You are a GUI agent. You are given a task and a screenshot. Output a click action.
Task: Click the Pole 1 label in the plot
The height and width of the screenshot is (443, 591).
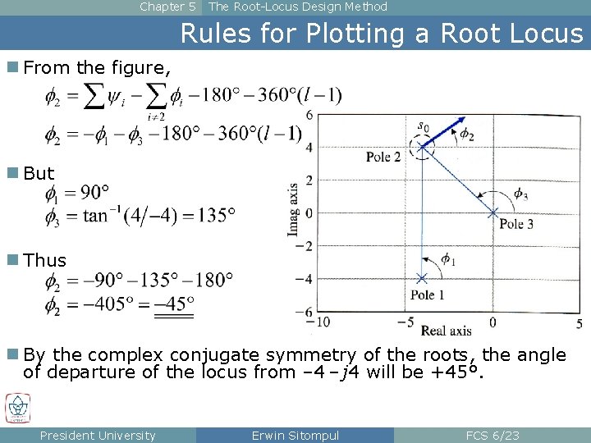pyautogui.click(x=428, y=295)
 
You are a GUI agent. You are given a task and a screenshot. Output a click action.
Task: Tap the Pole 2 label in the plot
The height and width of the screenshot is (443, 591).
pyautogui.click(x=383, y=157)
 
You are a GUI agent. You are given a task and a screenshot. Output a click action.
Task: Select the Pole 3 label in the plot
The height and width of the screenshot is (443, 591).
pyautogui.click(x=516, y=224)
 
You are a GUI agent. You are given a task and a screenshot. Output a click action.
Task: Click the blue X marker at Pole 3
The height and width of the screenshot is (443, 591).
pyautogui.click(x=492, y=212)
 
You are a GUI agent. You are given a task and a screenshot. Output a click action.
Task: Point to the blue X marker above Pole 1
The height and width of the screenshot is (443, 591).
pyautogui.click(x=423, y=278)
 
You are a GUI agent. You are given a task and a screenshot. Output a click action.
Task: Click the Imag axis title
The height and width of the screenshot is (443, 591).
pyautogui.click(x=294, y=210)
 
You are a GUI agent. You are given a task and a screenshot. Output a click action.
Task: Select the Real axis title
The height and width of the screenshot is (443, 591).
pyautogui.click(x=446, y=331)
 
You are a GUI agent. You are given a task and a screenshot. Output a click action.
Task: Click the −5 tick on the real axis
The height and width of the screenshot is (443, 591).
pyautogui.click(x=405, y=322)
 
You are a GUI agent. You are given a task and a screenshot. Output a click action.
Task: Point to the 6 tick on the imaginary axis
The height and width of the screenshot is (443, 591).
pyautogui.click(x=309, y=114)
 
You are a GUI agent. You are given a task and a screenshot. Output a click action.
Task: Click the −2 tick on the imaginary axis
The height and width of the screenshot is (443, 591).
pyautogui.click(x=304, y=246)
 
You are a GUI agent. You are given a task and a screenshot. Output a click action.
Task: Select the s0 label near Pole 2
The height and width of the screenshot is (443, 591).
pyautogui.click(x=423, y=126)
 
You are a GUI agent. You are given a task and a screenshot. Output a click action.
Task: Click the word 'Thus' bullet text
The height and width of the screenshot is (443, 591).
pyautogui.click(x=45, y=261)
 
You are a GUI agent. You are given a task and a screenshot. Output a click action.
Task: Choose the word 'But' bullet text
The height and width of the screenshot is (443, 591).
pyautogui.click(x=39, y=174)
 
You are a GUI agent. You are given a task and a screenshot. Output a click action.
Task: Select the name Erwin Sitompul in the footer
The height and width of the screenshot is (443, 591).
pyautogui.click(x=295, y=436)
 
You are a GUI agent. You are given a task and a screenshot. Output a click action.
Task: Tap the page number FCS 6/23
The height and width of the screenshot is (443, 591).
pyautogui.click(x=492, y=436)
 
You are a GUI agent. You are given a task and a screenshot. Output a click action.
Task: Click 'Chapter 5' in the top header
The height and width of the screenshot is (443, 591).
pyautogui.click(x=167, y=7)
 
